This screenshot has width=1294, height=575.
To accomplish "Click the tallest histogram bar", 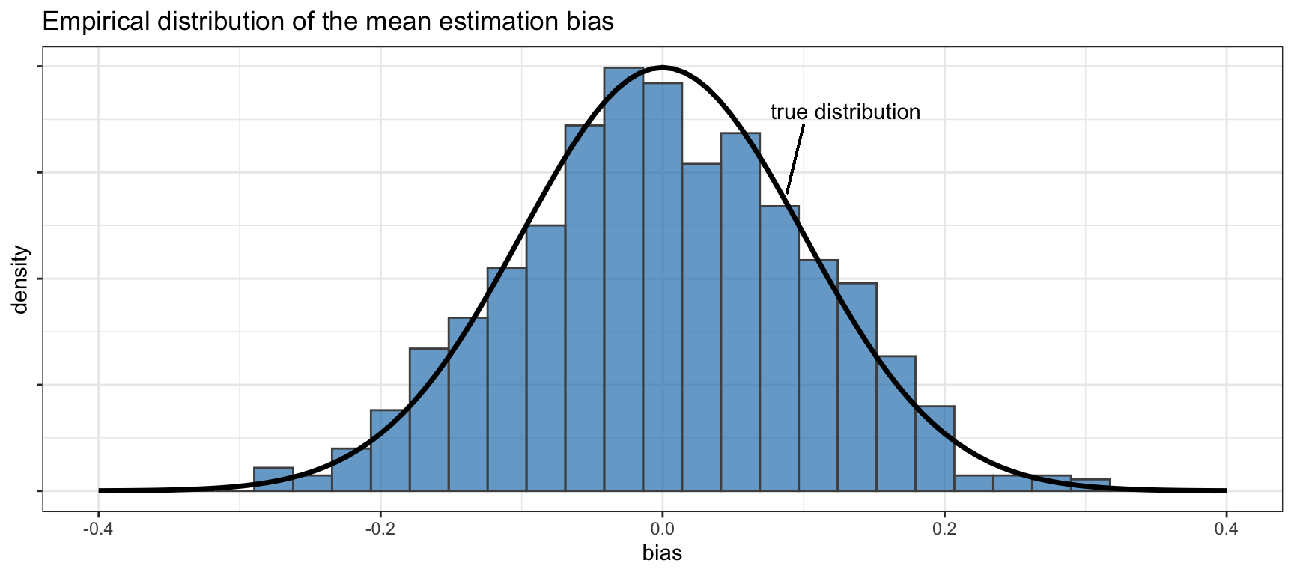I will [x=623, y=285].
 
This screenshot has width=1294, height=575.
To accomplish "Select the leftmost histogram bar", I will [x=273, y=479].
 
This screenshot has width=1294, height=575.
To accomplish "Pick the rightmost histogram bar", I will [x=1090, y=485].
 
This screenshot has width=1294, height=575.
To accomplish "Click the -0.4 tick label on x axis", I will [x=98, y=530].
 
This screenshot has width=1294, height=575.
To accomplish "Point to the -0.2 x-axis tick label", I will [x=380, y=530].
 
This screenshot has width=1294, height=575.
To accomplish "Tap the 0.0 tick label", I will [x=662, y=530].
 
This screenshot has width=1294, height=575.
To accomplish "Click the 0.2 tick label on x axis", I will [x=944, y=530].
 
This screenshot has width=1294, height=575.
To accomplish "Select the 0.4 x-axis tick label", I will [x=1226, y=530].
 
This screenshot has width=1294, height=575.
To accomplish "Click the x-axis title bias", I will [x=662, y=554].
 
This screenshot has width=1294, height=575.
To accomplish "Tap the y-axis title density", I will [x=20, y=279].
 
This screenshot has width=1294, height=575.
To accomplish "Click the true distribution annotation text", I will [x=845, y=112].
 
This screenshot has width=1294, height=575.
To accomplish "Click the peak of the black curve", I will [x=662, y=67].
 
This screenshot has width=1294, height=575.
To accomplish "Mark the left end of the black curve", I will [x=100, y=490].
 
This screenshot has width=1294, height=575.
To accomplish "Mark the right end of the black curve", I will [x=1224, y=490].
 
